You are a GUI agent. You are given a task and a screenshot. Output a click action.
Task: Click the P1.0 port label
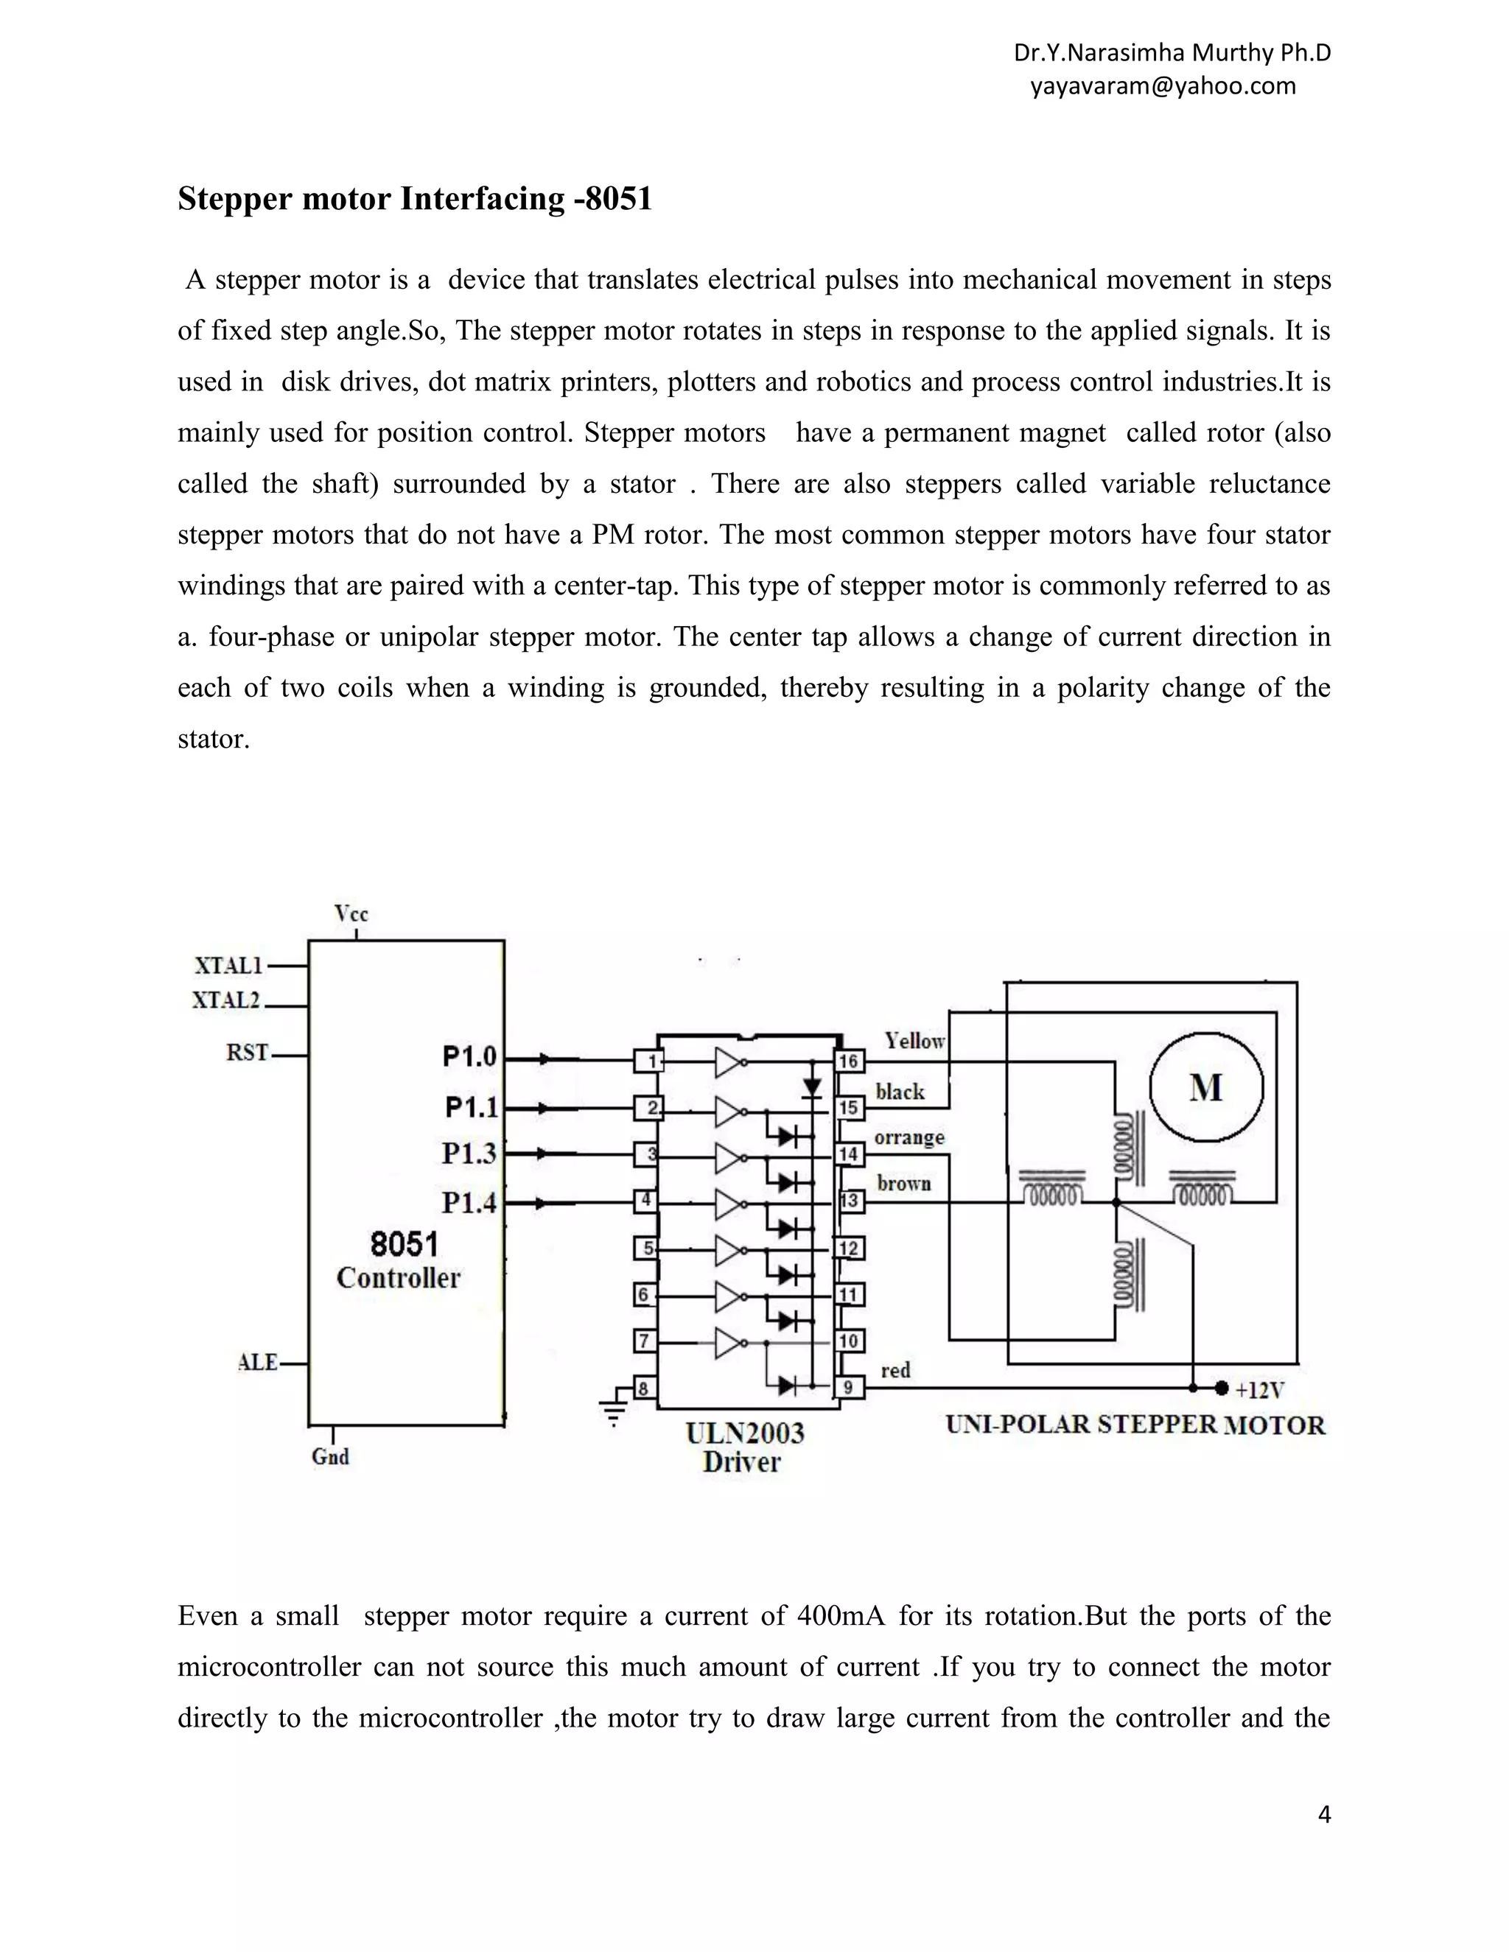pyautogui.click(x=469, y=1057)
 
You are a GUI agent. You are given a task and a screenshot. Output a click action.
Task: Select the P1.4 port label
pyautogui.click(x=469, y=1203)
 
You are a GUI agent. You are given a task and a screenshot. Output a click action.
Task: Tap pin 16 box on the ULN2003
pyautogui.click(x=848, y=1061)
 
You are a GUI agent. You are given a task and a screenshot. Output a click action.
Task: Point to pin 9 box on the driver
pyautogui.click(x=848, y=1388)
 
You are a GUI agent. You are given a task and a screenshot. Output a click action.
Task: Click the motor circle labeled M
pyautogui.click(x=1206, y=1088)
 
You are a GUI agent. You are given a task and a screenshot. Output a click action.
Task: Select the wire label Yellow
pyautogui.click(x=914, y=1040)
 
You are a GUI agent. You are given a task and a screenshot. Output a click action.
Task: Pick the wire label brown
pyautogui.click(x=904, y=1184)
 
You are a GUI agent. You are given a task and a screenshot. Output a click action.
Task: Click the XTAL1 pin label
pyautogui.click(x=229, y=965)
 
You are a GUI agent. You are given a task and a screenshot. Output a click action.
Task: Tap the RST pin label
pyautogui.click(x=247, y=1053)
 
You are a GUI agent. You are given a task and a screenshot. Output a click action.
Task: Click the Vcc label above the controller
pyautogui.click(x=351, y=913)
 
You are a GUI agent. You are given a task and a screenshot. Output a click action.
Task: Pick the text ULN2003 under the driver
pyautogui.click(x=745, y=1433)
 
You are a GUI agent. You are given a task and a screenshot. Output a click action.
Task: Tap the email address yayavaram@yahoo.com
pyautogui.click(x=1162, y=85)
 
